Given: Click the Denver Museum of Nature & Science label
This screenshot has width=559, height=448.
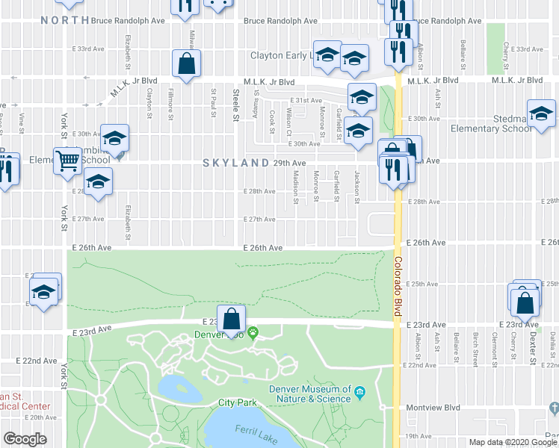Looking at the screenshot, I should pos(311,393).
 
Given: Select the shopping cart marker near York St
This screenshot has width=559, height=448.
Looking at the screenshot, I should pos(67,161).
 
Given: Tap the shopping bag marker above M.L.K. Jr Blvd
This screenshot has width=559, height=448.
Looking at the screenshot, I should pos(186,65).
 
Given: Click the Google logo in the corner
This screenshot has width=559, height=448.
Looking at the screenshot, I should pos(25,439).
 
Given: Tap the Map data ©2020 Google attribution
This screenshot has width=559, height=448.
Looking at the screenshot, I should pos(513,442).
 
